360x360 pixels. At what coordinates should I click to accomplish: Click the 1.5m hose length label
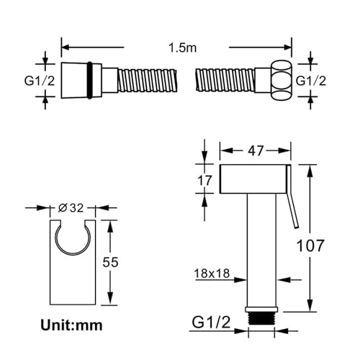coord(182,48)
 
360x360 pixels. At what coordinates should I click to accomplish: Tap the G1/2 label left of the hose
coord(40,81)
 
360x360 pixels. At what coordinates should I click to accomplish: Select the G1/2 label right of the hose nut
coord(311,81)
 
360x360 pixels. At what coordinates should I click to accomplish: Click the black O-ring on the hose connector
coord(89,80)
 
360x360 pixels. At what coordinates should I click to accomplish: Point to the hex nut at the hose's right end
coord(282,80)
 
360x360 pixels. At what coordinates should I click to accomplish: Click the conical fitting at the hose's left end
coord(74,80)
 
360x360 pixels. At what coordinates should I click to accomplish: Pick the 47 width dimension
coord(256,150)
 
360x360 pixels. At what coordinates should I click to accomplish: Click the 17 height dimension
coord(204,180)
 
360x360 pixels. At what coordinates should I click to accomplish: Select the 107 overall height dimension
coord(310,246)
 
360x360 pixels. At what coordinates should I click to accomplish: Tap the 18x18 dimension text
coord(212,273)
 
